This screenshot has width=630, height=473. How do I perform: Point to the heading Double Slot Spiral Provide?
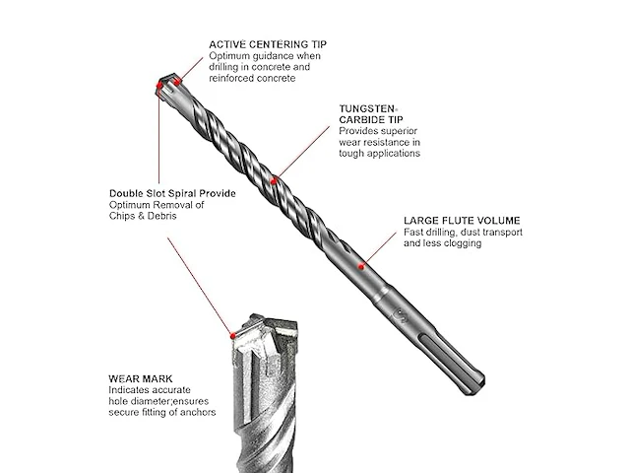click(172, 193)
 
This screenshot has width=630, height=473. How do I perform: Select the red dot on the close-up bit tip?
click(232, 335)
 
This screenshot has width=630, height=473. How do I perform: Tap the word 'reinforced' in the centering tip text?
click(229, 78)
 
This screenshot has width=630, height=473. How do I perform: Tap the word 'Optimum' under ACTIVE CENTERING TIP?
click(228, 56)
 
